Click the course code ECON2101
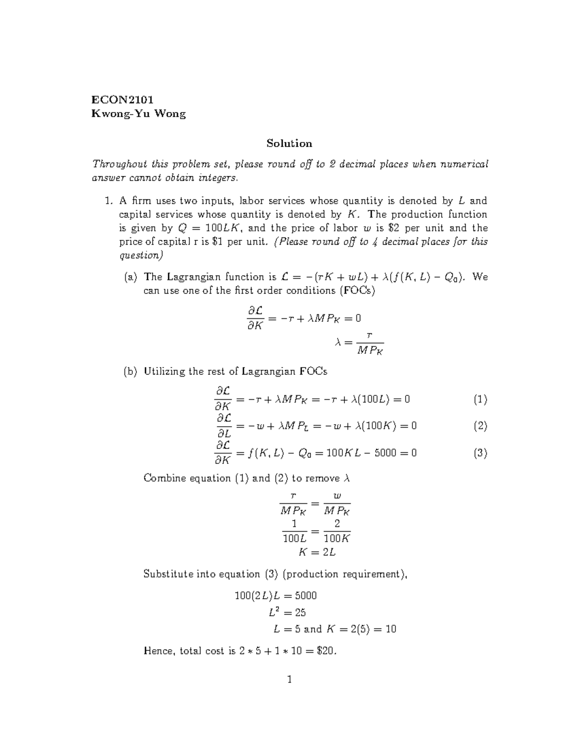coord(123,100)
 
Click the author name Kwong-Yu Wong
coord(139,114)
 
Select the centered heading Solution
coord(289,143)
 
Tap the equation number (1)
coord(480,399)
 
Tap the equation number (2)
coord(480,426)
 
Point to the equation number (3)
coord(480,453)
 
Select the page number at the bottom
coord(289,680)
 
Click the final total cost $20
coord(327,651)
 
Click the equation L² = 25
coord(288,613)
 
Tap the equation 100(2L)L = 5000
coord(276,596)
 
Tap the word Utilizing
coord(166,371)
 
